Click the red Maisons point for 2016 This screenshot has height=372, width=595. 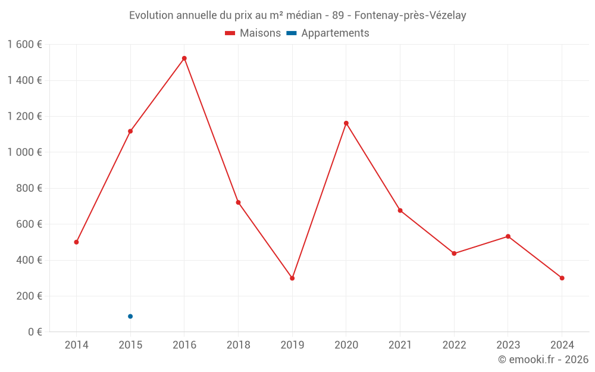(184, 58)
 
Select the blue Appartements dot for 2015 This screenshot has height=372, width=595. (130, 316)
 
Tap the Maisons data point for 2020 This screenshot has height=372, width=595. (346, 123)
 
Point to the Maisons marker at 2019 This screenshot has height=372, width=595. (292, 278)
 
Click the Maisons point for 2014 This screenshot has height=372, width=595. (76, 242)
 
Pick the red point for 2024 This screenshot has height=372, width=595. (562, 278)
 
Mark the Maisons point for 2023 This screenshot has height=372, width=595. (508, 236)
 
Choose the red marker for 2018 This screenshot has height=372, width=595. (238, 202)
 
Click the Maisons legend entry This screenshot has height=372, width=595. (253, 33)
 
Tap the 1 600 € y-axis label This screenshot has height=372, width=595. (24, 44)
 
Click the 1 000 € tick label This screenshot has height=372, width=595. (24, 152)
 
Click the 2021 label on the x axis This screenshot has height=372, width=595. (400, 345)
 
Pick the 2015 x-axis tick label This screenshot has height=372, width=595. (130, 345)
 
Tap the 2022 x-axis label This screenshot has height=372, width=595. (454, 345)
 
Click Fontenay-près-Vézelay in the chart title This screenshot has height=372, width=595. (410, 15)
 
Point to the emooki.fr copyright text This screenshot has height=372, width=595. (543, 360)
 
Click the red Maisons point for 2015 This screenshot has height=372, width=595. (130, 131)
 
